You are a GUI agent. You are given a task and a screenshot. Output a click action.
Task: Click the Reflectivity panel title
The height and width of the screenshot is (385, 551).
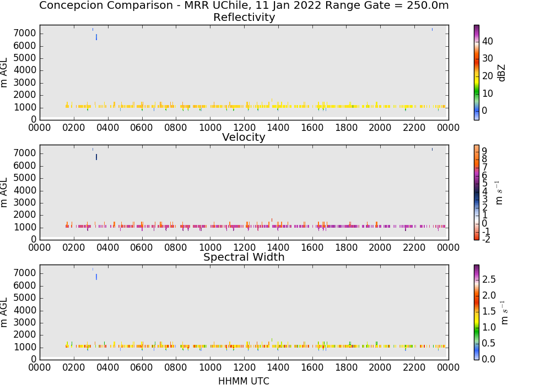click(244, 17)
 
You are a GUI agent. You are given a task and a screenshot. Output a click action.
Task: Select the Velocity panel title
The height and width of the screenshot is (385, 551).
click(244, 137)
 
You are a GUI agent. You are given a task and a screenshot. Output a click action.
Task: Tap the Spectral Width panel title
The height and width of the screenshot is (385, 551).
click(244, 257)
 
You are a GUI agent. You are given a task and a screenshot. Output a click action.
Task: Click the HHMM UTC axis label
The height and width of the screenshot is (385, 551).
click(244, 381)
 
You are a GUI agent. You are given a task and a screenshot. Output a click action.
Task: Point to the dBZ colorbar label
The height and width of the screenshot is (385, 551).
click(501, 73)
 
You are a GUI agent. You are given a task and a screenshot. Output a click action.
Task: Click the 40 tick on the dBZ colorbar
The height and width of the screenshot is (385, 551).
click(488, 41)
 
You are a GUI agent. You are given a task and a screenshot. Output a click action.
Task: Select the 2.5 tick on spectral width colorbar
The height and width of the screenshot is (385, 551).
click(489, 279)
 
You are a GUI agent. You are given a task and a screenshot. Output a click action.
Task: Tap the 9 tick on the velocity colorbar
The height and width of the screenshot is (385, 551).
click(484, 151)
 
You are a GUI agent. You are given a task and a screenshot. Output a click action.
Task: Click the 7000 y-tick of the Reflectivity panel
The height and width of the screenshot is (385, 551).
click(25, 34)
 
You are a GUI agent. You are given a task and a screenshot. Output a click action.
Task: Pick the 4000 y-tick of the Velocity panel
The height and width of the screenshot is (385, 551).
click(25, 190)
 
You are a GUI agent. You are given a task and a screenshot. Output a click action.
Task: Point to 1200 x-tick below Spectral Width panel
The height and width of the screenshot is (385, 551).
click(244, 367)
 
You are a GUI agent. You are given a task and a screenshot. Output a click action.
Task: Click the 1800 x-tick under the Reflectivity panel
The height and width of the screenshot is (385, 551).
click(346, 127)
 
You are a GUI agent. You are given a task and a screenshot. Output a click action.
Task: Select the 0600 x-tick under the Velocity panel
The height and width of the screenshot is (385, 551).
click(142, 247)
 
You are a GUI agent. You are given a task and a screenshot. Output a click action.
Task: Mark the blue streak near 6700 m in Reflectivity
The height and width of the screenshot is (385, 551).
click(96, 37)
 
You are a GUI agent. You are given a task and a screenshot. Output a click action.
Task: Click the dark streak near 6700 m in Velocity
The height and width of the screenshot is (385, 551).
click(96, 157)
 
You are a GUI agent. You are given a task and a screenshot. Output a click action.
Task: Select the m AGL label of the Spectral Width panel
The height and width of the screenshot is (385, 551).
click(4, 312)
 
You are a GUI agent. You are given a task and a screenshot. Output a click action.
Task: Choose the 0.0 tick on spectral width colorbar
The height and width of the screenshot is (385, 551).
click(489, 359)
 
